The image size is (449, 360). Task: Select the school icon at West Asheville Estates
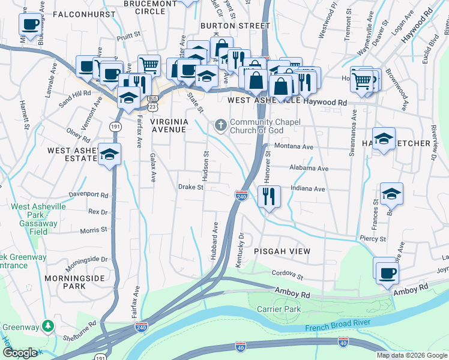109,155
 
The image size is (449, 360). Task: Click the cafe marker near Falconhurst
30,25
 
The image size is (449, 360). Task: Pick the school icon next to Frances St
391,194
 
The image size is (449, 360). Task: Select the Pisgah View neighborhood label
282,251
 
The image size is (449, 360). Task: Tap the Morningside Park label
74,282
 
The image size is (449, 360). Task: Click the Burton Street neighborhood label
235,26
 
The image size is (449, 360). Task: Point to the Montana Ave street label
294,146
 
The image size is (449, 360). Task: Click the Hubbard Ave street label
214,241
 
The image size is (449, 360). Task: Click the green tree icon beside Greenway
48,327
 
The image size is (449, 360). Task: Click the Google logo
20,353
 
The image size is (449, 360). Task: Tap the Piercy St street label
372,238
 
